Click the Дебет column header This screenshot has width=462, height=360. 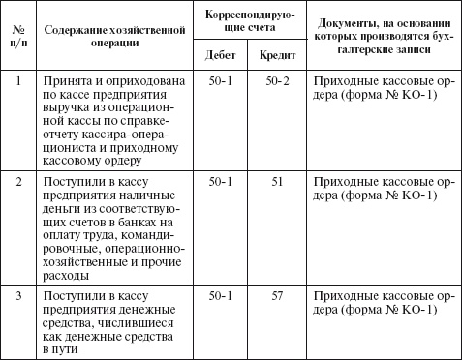pos(222,56)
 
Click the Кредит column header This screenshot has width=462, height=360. pos(278,56)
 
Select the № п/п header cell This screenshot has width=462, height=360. pos(18,36)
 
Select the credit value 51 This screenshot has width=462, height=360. pos(278,181)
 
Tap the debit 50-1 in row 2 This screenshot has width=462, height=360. pos(222,181)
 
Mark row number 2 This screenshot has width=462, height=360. pos(18,181)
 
